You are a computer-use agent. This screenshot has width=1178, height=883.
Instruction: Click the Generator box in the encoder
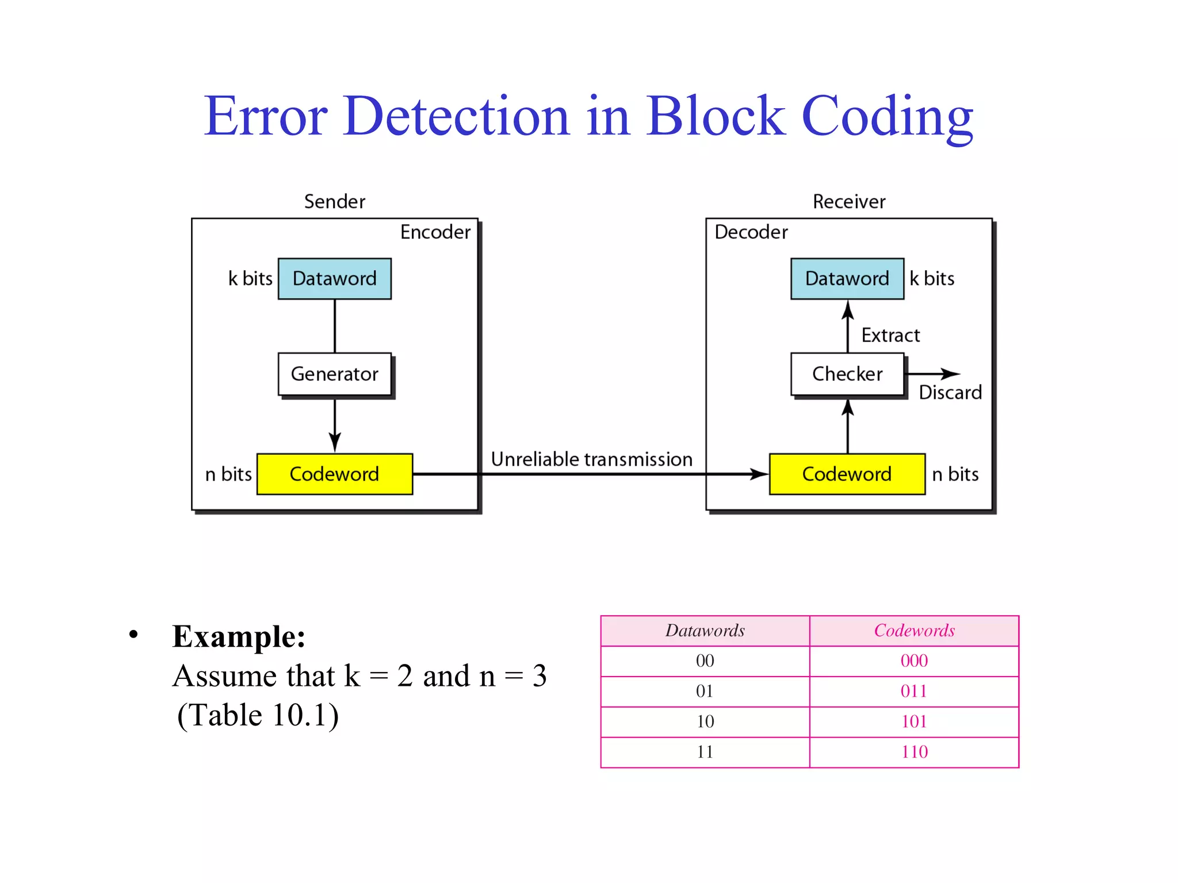tap(334, 374)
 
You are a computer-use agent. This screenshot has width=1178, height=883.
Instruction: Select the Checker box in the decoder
tap(847, 374)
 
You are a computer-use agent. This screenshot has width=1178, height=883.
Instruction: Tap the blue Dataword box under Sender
tap(334, 279)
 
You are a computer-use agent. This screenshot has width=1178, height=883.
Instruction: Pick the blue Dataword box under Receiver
tap(847, 279)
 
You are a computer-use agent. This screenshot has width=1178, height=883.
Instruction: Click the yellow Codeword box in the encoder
tap(334, 474)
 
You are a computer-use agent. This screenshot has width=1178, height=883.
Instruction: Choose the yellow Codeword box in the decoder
tap(847, 474)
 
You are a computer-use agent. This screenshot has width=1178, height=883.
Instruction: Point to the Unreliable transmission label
tap(591, 459)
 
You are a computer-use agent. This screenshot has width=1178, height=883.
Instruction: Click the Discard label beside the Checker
tap(950, 393)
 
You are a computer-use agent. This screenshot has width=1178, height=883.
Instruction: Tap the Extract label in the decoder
tap(890, 335)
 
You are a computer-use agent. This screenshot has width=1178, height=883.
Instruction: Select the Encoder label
tap(435, 232)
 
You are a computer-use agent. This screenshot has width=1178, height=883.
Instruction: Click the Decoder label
tap(751, 232)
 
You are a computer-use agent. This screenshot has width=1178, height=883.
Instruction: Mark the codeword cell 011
tap(914, 691)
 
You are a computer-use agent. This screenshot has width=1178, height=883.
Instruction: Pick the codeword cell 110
tap(914, 752)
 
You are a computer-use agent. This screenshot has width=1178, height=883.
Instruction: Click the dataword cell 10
tap(705, 721)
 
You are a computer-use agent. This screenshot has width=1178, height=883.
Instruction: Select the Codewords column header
tap(914, 631)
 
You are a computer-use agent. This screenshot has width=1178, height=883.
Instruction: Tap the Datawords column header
tap(705, 631)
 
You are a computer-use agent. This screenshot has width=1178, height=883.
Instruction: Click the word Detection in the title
tap(457, 116)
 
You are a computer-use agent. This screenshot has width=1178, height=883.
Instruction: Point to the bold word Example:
tap(239, 637)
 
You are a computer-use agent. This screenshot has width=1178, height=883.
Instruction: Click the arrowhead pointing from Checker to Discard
tap(951, 374)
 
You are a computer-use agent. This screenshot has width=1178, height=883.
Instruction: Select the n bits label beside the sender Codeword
tap(228, 474)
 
